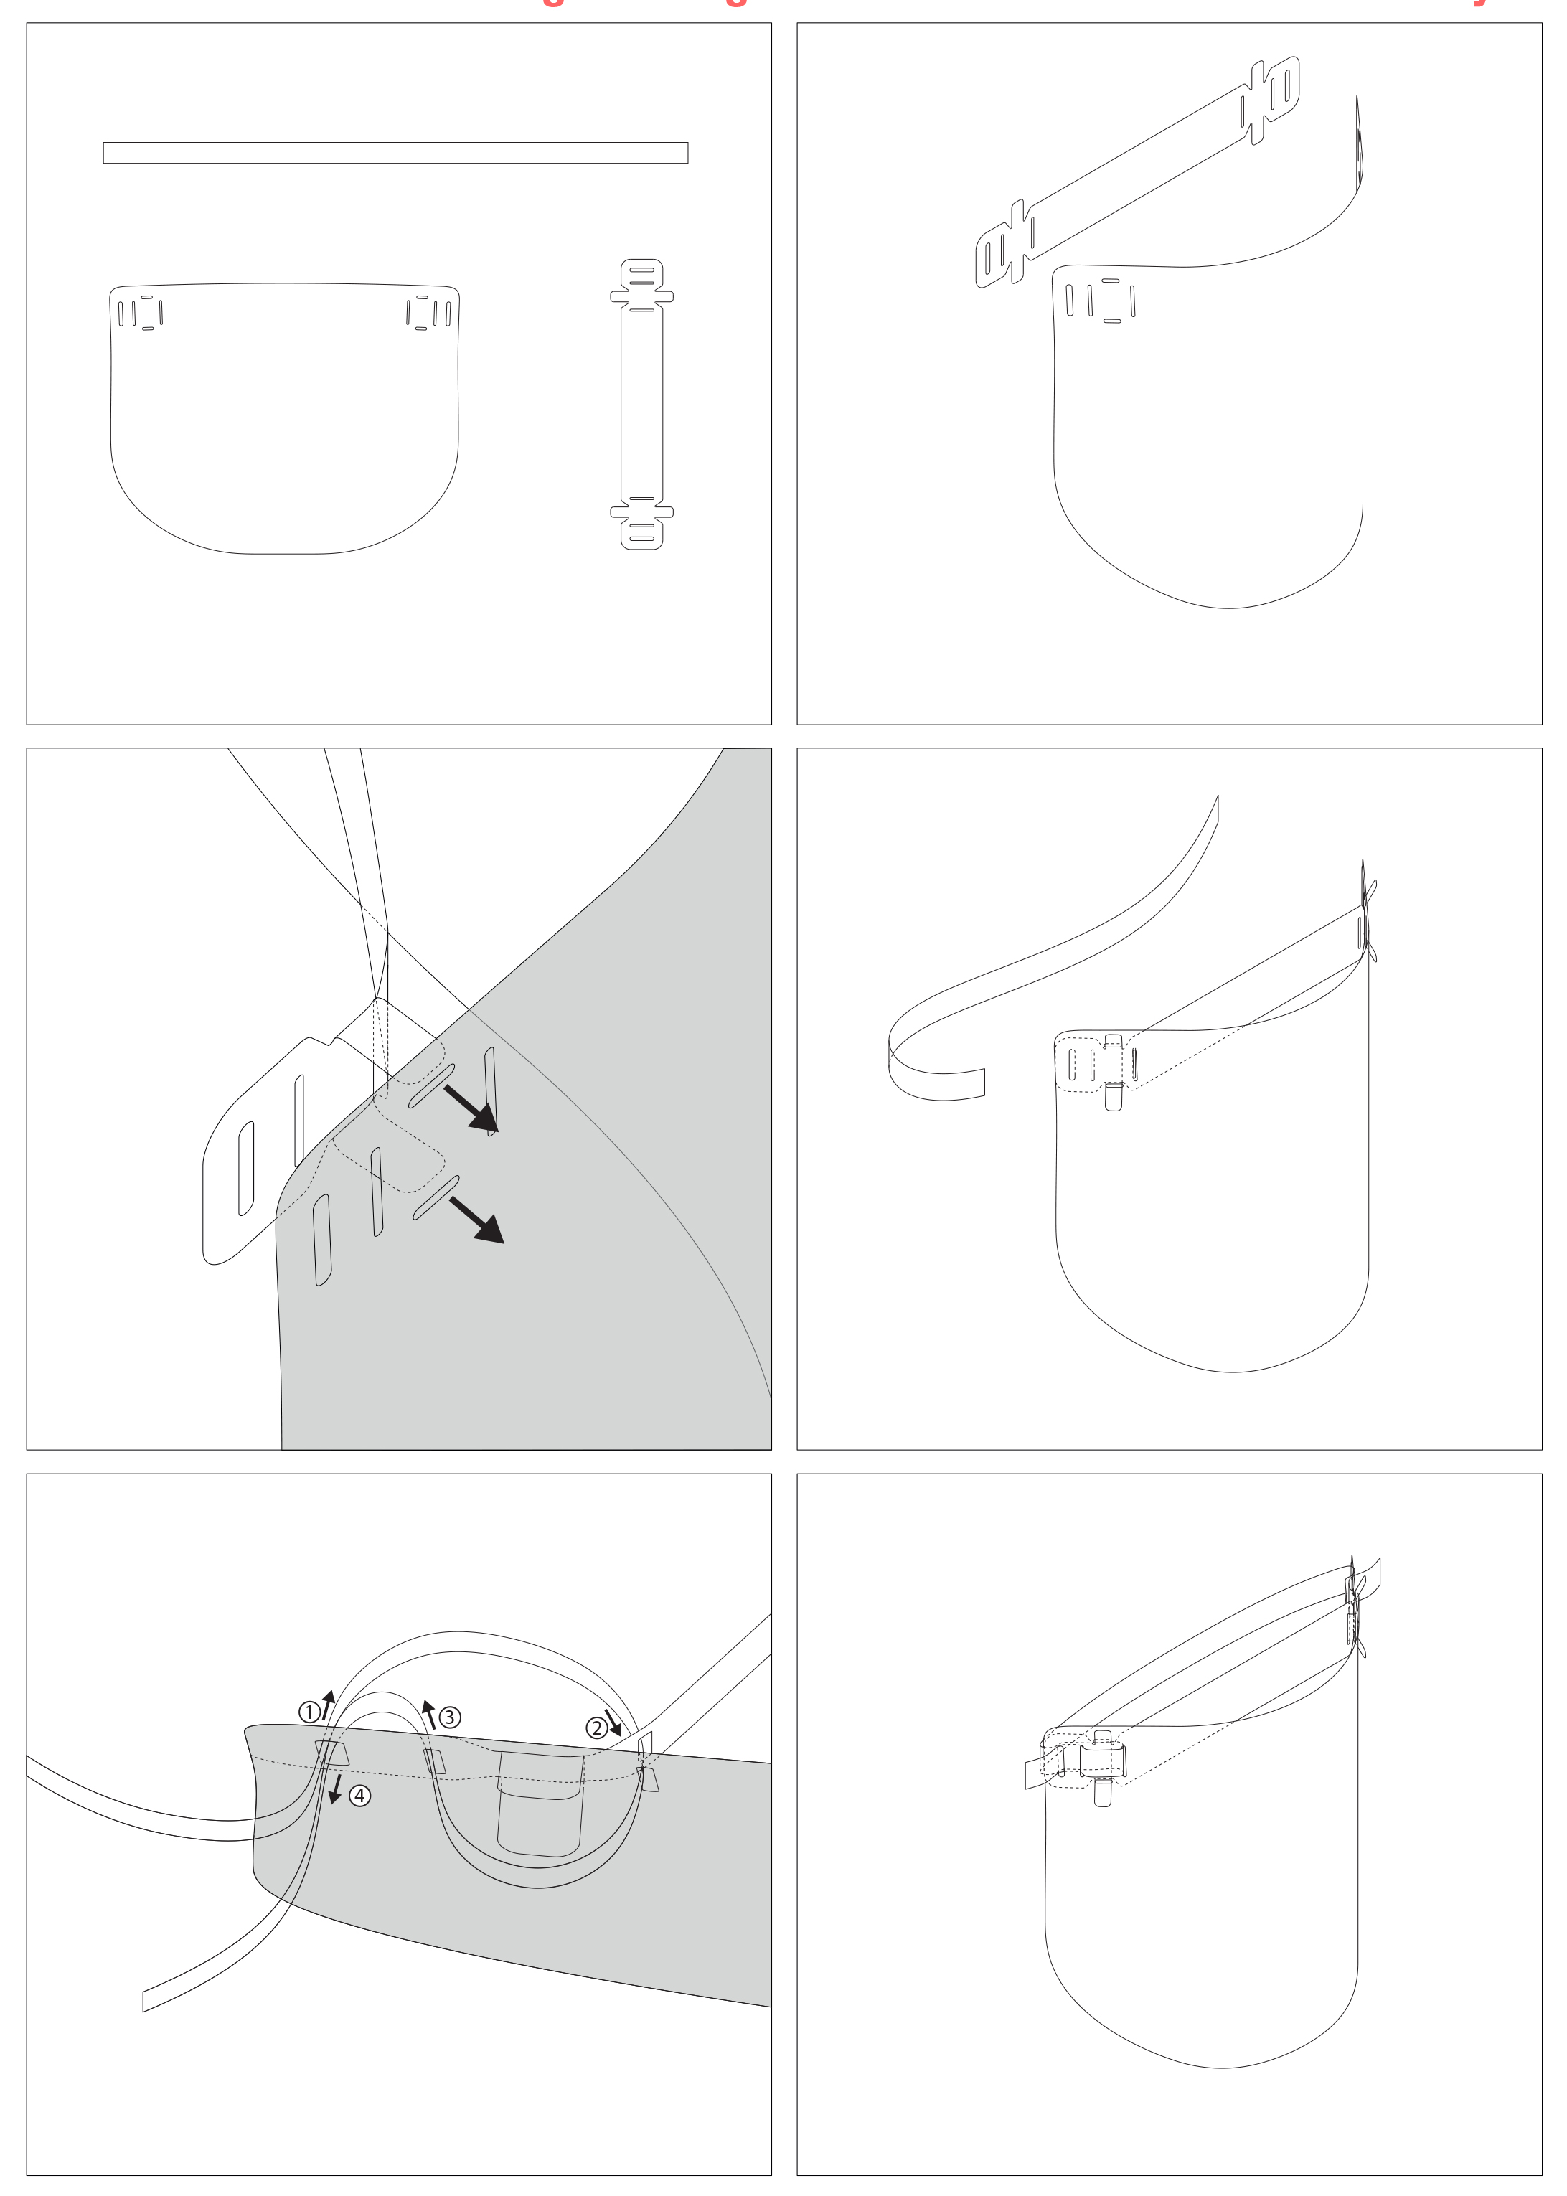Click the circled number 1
click(x=309, y=1712)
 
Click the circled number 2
click(x=596, y=1727)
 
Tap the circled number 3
click(x=450, y=1717)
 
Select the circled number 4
click(x=359, y=1796)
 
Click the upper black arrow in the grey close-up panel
click(x=472, y=1108)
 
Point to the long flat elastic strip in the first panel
click(x=395, y=152)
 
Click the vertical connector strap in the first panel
click(x=641, y=405)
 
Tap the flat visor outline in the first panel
click(x=285, y=425)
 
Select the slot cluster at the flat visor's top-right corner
click(x=428, y=313)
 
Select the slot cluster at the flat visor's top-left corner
click(x=141, y=313)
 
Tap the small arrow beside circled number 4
click(x=336, y=1791)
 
